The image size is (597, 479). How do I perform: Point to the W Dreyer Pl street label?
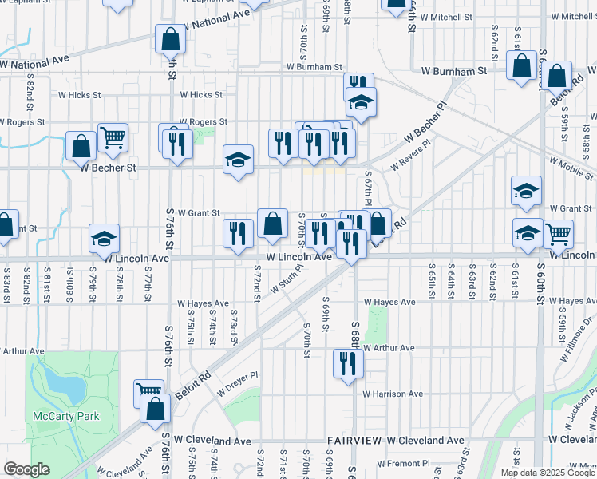coord(237,376)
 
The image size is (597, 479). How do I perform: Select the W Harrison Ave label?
coord(393,394)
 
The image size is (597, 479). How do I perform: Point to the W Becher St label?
coord(109,168)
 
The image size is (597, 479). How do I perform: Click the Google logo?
coord(26,469)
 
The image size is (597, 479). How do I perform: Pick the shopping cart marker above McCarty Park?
coord(148,390)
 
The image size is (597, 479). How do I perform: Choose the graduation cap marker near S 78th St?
coord(104,238)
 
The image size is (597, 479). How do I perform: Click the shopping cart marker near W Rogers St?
coord(113,137)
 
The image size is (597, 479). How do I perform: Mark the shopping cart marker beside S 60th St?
coord(558,234)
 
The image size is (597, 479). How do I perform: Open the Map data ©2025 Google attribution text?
coord(548,473)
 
